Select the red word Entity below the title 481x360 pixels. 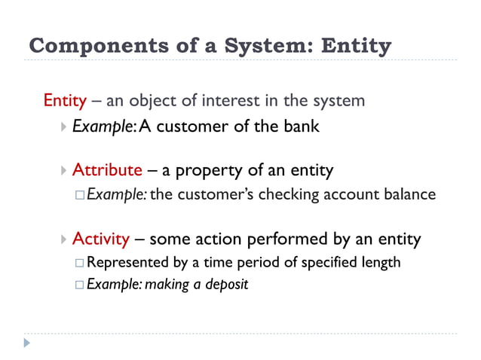click(65, 100)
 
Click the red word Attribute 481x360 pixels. click(107, 170)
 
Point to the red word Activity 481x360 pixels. click(101, 239)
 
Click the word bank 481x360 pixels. click(301, 126)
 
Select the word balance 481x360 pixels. click(409, 194)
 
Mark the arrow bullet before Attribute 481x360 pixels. click(63, 171)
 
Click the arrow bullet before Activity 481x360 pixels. click(63, 240)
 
